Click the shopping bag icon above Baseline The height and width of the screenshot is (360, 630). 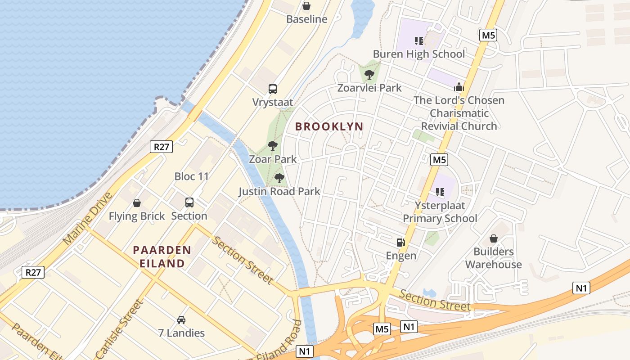pyautogui.click(x=306, y=6)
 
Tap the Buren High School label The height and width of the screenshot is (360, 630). pyautogui.click(x=418, y=54)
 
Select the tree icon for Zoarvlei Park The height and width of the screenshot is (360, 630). pyautogui.click(x=369, y=74)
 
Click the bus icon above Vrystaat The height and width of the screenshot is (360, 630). pyautogui.click(x=273, y=89)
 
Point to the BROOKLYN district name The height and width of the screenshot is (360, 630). pyautogui.click(x=329, y=127)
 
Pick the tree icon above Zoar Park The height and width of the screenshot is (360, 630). pyautogui.click(x=272, y=145)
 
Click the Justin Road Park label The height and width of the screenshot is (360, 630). pyautogui.click(x=279, y=192)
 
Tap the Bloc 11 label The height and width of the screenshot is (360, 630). pyautogui.click(x=192, y=176)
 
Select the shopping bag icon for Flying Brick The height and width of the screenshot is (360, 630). pyautogui.click(x=137, y=203)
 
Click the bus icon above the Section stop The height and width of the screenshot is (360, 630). pyautogui.click(x=189, y=202)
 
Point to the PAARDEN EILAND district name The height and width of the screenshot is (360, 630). pyautogui.click(x=162, y=256)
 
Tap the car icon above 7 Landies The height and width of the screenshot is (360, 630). pyautogui.click(x=181, y=320)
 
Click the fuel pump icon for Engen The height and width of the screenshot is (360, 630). pyautogui.click(x=400, y=243)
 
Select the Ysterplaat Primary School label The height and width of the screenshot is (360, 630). pyautogui.click(x=440, y=212)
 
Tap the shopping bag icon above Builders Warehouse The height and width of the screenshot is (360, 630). pyautogui.click(x=494, y=238)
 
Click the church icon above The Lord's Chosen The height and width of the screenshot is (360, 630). pyautogui.click(x=459, y=87)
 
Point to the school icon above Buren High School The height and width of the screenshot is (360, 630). pyautogui.click(x=419, y=41)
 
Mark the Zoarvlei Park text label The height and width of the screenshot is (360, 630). pyautogui.click(x=369, y=88)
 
